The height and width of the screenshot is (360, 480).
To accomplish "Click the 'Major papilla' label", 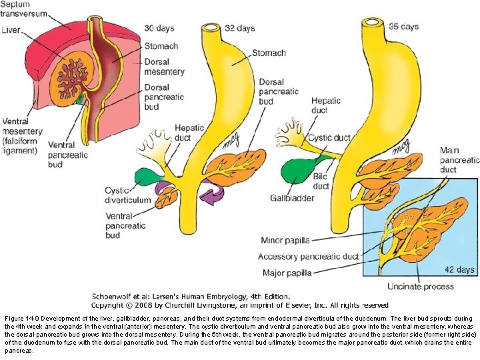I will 284,273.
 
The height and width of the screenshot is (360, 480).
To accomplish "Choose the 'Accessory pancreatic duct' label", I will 309,257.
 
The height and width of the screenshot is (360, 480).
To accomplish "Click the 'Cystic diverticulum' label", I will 126,196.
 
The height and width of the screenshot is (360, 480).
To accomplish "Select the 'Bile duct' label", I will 322,182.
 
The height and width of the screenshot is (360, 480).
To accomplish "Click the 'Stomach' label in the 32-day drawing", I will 269,53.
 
